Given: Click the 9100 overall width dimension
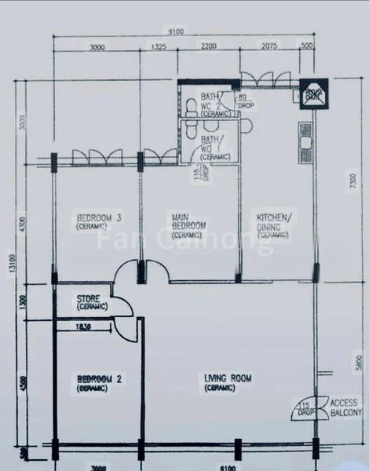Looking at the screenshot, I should (x=176, y=32).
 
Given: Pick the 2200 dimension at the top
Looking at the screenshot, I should (x=208, y=48).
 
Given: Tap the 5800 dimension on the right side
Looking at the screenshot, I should (x=358, y=361).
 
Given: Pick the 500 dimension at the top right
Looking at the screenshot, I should (x=307, y=48).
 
